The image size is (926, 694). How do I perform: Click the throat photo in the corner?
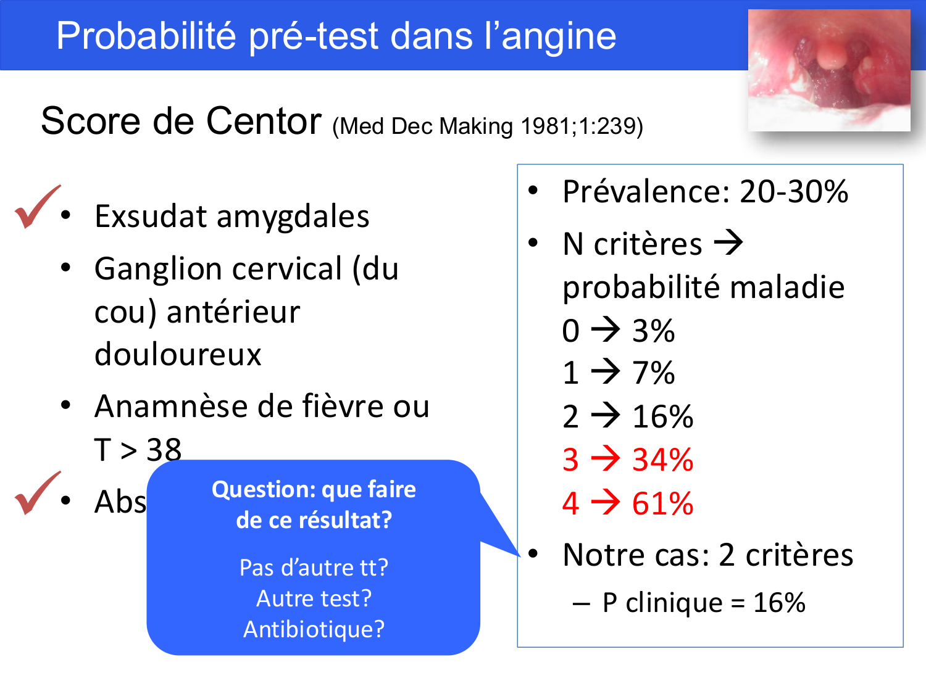pyautogui.click(x=828, y=69)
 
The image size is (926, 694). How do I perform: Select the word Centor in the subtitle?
pyautogui.click(x=264, y=120)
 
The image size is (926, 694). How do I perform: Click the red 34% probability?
pyautogui.click(x=662, y=460)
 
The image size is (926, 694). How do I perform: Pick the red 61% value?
pyautogui.click(x=662, y=503)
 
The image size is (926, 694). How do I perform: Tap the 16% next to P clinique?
pyautogui.click(x=779, y=603)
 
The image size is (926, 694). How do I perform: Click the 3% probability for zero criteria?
pyautogui.click(x=653, y=331)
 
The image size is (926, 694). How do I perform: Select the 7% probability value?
pyautogui.click(x=653, y=373)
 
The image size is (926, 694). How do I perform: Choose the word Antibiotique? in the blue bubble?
pyautogui.click(x=314, y=629)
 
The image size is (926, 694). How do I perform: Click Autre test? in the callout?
pyautogui.click(x=314, y=598)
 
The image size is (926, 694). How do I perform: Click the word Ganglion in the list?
pyautogui.click(x=158, y=270)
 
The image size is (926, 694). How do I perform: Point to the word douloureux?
pyautogui.click(x=178, y=355)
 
